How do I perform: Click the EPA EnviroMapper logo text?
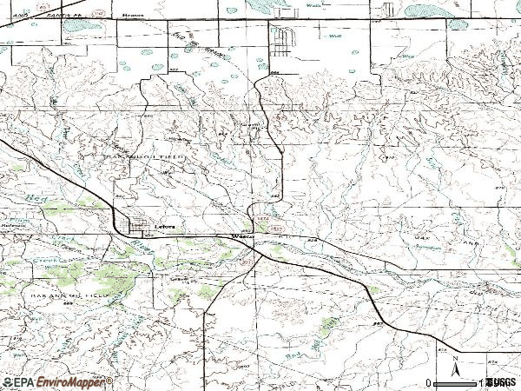click(57, 382)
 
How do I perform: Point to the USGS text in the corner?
click(501, 382)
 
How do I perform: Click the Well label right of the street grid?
click(333, 36)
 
